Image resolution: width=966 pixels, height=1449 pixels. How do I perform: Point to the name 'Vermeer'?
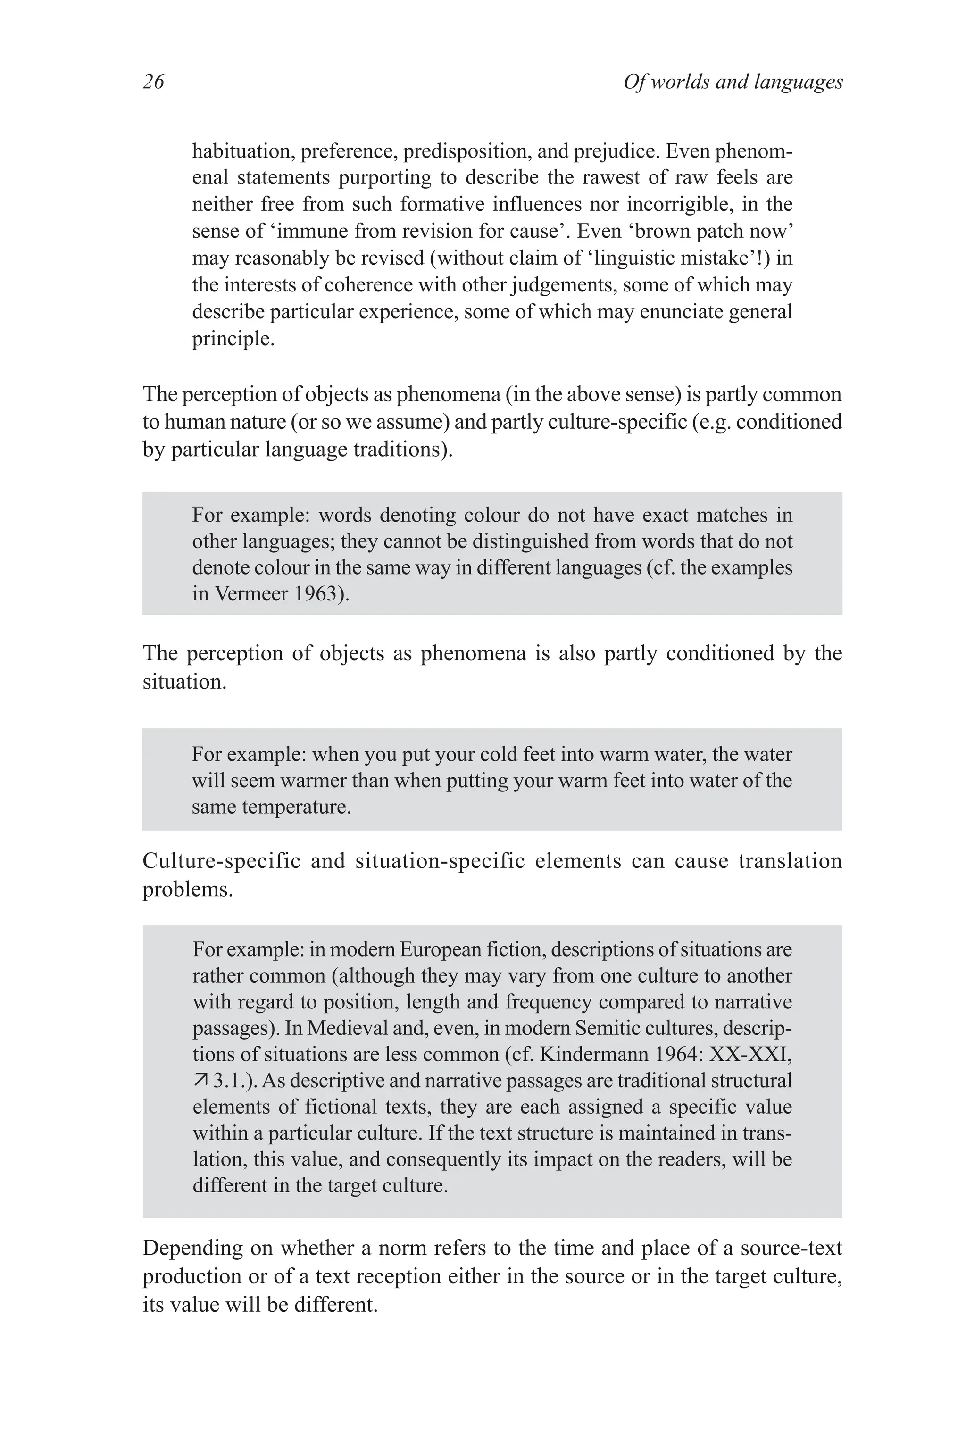pos(251,594)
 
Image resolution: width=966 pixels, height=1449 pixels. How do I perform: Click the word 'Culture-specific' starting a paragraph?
pos(221,861)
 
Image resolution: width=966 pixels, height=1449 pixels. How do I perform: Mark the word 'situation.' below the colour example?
pos(184,682)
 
